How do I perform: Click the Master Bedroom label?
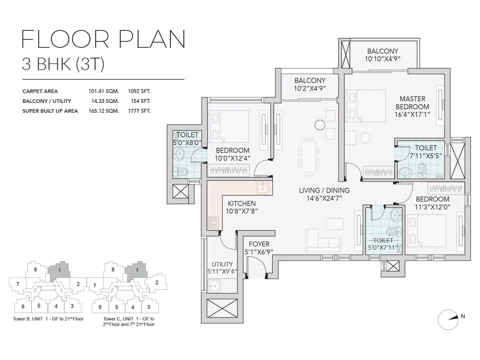(x=412, y=103)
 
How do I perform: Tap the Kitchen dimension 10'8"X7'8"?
(x=241, y=211)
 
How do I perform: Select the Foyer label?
(x=259, y=244)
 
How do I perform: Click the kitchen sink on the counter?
(x=263, y=188)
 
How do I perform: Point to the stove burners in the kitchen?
(x=214, y=223)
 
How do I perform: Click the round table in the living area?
(x=320, y=125)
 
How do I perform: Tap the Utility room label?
(x=222, y=264)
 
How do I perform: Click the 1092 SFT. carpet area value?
(x=139, y=91)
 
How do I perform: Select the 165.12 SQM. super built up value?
(x=103, y=111)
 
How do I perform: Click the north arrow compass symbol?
(x=448, y=319)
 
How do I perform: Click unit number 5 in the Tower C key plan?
(x=117, y=307)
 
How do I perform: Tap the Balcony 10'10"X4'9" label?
(x=382, y=59)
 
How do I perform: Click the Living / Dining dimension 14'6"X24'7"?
(x=324, y=198)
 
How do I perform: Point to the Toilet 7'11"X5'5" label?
(x=426, y=152)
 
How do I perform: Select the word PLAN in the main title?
(x=152, y=39)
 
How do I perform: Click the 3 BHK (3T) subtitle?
(x=63, y=64)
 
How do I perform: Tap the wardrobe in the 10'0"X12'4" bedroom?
(x=229, y=171)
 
